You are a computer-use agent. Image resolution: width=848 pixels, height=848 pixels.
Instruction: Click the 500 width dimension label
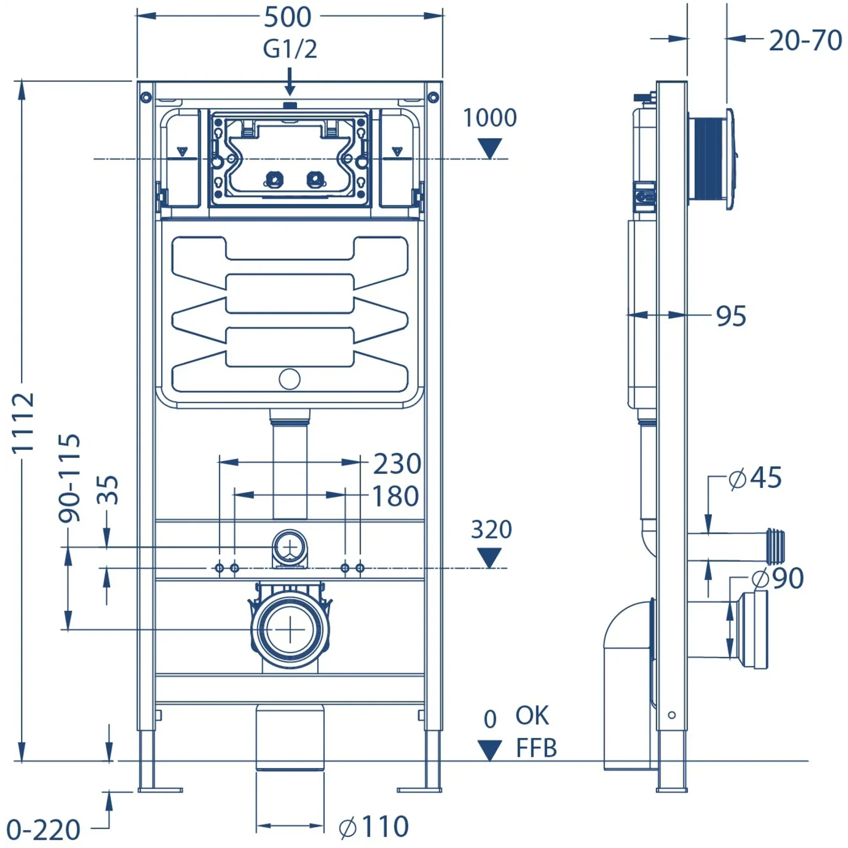287,17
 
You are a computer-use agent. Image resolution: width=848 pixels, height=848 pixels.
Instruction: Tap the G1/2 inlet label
290,49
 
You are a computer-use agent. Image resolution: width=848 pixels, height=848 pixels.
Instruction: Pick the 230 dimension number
397,464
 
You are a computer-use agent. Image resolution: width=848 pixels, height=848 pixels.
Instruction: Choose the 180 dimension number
395,496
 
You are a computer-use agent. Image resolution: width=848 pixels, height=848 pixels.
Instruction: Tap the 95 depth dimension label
731,316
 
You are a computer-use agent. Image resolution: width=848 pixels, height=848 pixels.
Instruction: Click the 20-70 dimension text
805,41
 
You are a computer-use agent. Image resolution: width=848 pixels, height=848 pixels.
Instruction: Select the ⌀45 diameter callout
755,478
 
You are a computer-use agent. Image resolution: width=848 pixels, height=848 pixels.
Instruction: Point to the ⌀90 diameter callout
777,578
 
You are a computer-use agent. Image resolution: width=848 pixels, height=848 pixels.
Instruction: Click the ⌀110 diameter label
374,827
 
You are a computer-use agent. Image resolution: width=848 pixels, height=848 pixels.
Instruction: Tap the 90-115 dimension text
70,478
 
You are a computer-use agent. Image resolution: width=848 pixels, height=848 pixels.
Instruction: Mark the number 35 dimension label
108,490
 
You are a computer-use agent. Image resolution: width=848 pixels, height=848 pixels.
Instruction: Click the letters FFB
536,748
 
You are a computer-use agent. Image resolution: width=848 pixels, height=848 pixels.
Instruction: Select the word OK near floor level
532,716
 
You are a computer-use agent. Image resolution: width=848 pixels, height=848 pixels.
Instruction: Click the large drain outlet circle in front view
290,629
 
